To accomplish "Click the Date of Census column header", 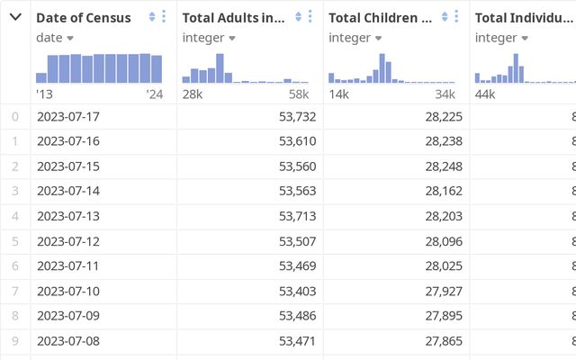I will point(83,18).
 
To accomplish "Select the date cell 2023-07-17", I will point(68,116).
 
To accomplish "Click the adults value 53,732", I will point(297,116).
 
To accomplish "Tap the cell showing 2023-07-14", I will point(68,191).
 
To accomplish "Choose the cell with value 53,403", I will point(297,291).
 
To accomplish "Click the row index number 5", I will point(14,241).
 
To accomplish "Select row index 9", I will point(14,341).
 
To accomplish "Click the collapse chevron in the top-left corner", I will point(15,17).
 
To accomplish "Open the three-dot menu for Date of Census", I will point(164,17).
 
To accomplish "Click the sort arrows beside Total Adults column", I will point(298,17).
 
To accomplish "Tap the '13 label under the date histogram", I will point(44,94).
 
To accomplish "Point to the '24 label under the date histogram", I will point(154,94).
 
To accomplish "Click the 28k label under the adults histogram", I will point(193,94).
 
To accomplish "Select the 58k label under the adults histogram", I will point(299,94).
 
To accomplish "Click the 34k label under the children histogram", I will point(445,94).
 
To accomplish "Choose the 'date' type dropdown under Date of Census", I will point(55,38).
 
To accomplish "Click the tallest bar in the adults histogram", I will point(220,68).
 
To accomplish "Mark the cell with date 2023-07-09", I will point(68,316).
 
